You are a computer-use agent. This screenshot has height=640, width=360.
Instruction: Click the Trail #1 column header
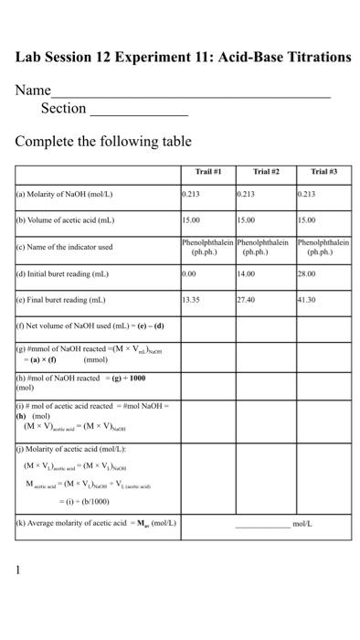pos(208,172)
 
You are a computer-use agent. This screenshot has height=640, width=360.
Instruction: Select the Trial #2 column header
pos(266,172)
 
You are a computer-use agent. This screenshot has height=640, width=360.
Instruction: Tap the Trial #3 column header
pos(323,172)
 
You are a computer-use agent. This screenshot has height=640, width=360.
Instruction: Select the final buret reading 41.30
pos(307,299)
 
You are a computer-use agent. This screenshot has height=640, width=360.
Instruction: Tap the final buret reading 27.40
pos(247,299)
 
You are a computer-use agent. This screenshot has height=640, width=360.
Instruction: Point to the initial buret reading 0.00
pos(189,272)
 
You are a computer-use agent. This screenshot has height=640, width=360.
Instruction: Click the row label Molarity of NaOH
pos(64,195)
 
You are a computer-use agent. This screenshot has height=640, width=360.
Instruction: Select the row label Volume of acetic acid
pos(66,220)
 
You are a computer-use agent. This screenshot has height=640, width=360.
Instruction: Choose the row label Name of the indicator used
pos(64,247)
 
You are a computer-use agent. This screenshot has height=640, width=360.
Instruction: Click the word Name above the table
pos(33,91)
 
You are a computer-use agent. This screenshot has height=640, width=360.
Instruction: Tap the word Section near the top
pos(63,109)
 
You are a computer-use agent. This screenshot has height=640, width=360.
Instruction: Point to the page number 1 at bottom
pos(17,569)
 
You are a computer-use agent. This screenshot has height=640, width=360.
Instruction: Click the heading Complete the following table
pos(103,142)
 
